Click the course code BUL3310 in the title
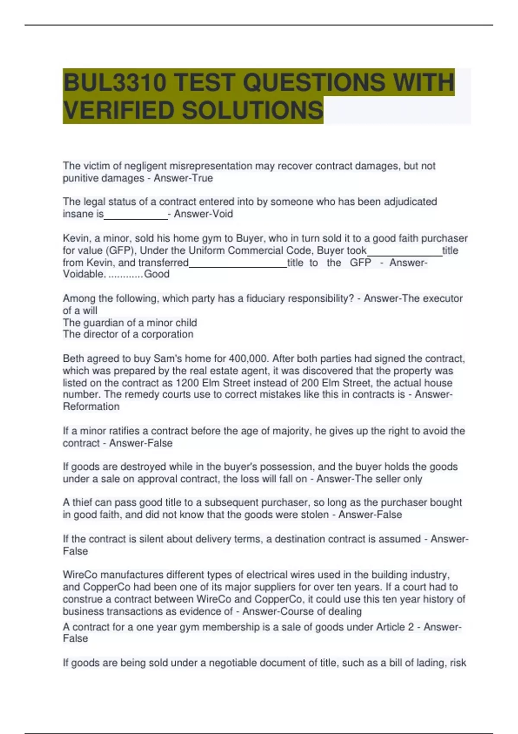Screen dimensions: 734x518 point(115,82)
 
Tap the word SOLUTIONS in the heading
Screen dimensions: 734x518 point(253,110)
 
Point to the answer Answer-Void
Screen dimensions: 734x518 point(203,214)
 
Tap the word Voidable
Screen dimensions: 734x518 point(84,274)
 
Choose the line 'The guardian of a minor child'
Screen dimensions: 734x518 point(130,323)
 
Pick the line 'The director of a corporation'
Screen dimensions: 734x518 point(128,334)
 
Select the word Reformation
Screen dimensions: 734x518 point(91,406)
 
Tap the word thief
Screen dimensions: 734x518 point(82,502)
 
